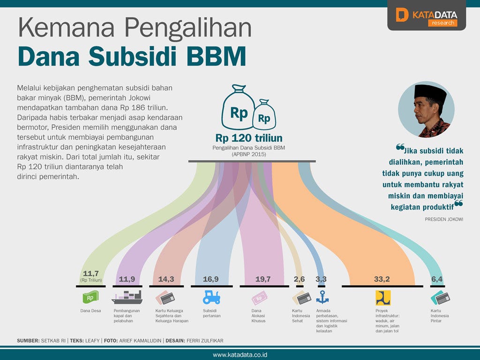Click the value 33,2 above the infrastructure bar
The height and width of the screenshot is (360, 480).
(x=382, y=279)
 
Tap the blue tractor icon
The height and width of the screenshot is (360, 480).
(x=211, y=297)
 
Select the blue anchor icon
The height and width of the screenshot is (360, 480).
(x=322, y=297)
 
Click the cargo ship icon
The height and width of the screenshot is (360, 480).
(x=127, y=297)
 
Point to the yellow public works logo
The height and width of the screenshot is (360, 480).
(x=383, y=298)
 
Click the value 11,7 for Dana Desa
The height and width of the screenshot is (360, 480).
(x=91, y=273)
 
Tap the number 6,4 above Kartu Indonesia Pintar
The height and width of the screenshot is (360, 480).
(x=437, y=279)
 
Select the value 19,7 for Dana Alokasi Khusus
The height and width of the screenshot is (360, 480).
(x=263, y=279)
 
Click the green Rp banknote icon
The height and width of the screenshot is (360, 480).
(x=90, y=297)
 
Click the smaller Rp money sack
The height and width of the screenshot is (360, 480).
(x=264, y=114)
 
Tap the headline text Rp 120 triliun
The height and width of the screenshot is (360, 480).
(x=249, y=138)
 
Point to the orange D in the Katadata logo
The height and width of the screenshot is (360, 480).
(x=402, y=15)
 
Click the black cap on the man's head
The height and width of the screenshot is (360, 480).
(x=430, y=93)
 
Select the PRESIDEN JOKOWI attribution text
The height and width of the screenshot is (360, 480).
(x=444, y=219)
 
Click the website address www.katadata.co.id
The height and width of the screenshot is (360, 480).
(x=240, y=355)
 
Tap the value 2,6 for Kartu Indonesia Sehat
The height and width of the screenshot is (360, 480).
(x=299, y=279)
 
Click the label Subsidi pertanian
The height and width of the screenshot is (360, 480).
(x=211, y=313)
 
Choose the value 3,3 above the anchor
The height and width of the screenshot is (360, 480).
(x=321, y=279)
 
